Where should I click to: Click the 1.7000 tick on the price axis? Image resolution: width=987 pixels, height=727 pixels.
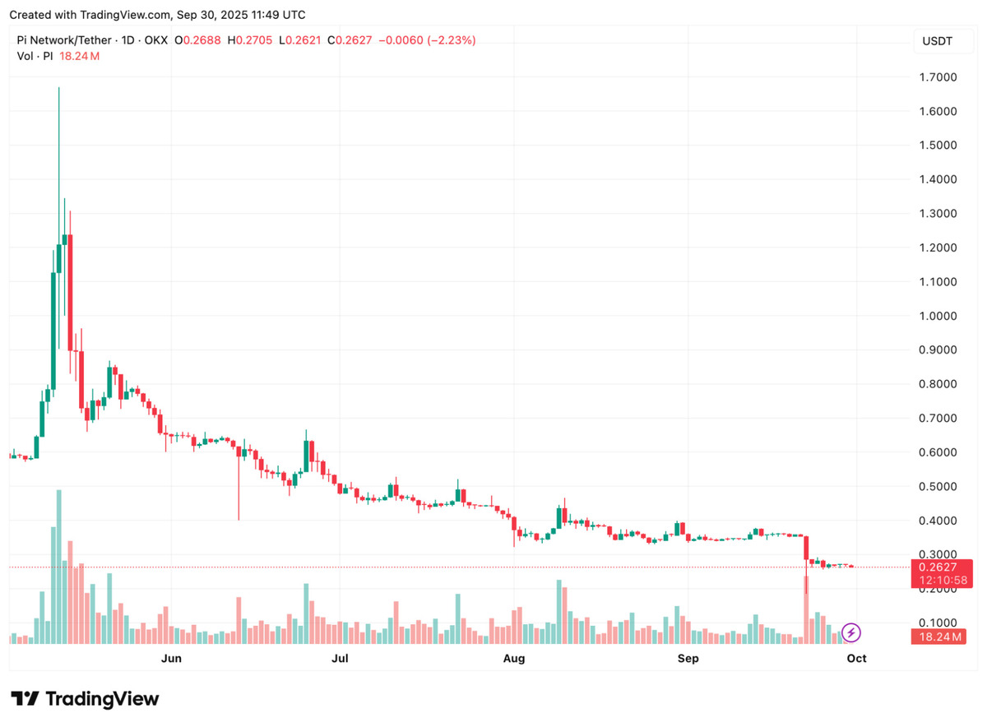(x=938, y=77)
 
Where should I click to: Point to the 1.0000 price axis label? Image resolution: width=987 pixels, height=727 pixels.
(x=938, y=316)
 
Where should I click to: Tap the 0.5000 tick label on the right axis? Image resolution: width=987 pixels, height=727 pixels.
(x=938, y=487)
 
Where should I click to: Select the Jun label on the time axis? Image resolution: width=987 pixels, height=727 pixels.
(x=171, y=658)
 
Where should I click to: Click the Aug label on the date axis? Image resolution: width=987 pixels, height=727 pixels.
(x=514, y=658)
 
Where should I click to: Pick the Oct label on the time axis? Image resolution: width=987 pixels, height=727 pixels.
(x=857, y=658)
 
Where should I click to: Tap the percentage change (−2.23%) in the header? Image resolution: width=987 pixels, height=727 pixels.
(x=447, y=40)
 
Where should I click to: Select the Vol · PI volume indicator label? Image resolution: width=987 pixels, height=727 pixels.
(x=35, y=56)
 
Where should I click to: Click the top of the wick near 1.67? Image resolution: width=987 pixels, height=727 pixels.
(x=58, y=88)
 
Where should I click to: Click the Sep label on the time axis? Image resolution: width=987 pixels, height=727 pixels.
(x=688, y=658)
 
